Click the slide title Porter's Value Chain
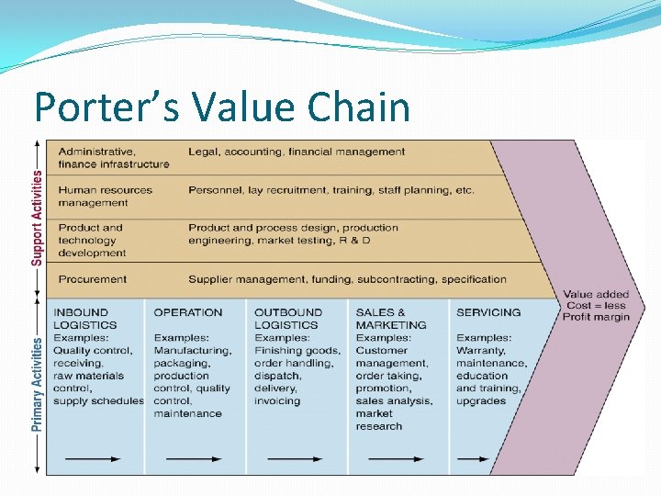click(x=221, y=107)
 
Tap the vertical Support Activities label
click(x=37, y=218)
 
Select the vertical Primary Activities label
click(x=37, y=383)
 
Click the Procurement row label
click(x=93, y=279)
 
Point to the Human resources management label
click(x=106, y=196)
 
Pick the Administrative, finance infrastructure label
click(x=114, y=158)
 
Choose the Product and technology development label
click(x=92, y=240)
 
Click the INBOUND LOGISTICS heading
click(x=85, y=318)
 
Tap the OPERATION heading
click(x=188, y=312)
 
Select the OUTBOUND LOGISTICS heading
click(x=287, y=318)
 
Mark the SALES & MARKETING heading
click(x=391, y=318)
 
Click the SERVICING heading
click(x=488, y=312)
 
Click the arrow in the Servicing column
click(x=473, y=457)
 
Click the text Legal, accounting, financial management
click(x=297, y=152)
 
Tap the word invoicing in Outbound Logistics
click(x=277, y=401)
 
